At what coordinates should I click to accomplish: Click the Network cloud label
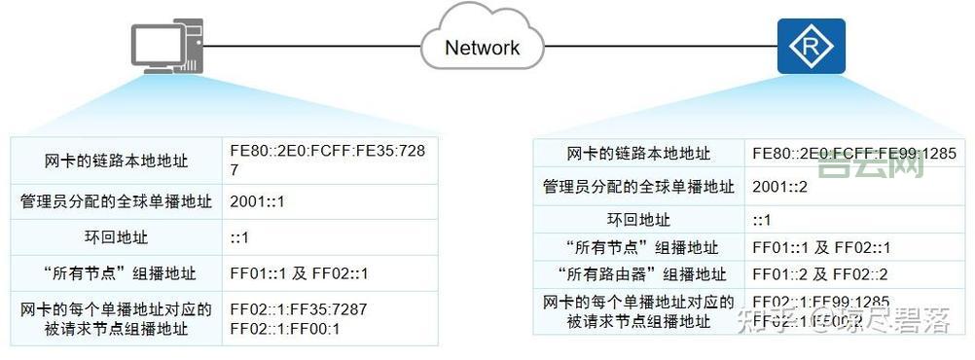(x=482, y=47)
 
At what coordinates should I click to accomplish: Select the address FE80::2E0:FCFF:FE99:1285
(x=854, y=154)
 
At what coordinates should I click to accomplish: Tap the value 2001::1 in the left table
(x=257, y=202)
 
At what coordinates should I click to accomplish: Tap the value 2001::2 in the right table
(x=778, y=186)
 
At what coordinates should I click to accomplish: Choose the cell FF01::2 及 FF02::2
(x=821, y=274)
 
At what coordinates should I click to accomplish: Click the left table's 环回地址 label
(x=118, y=237)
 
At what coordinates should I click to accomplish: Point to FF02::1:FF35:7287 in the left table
(x=299, y=310)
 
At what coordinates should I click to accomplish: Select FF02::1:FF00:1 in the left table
(x=285, y=328)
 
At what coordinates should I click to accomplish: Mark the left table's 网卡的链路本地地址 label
(x=117, y=161)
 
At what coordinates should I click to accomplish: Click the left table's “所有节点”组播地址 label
(x=117, y=273)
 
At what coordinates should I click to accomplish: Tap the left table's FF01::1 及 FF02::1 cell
(x=300, y=273)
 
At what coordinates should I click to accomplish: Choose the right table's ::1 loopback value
(x=763, y=220)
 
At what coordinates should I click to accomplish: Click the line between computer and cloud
(x=311, y=45)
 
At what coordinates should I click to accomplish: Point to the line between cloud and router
(x=662, y=45)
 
